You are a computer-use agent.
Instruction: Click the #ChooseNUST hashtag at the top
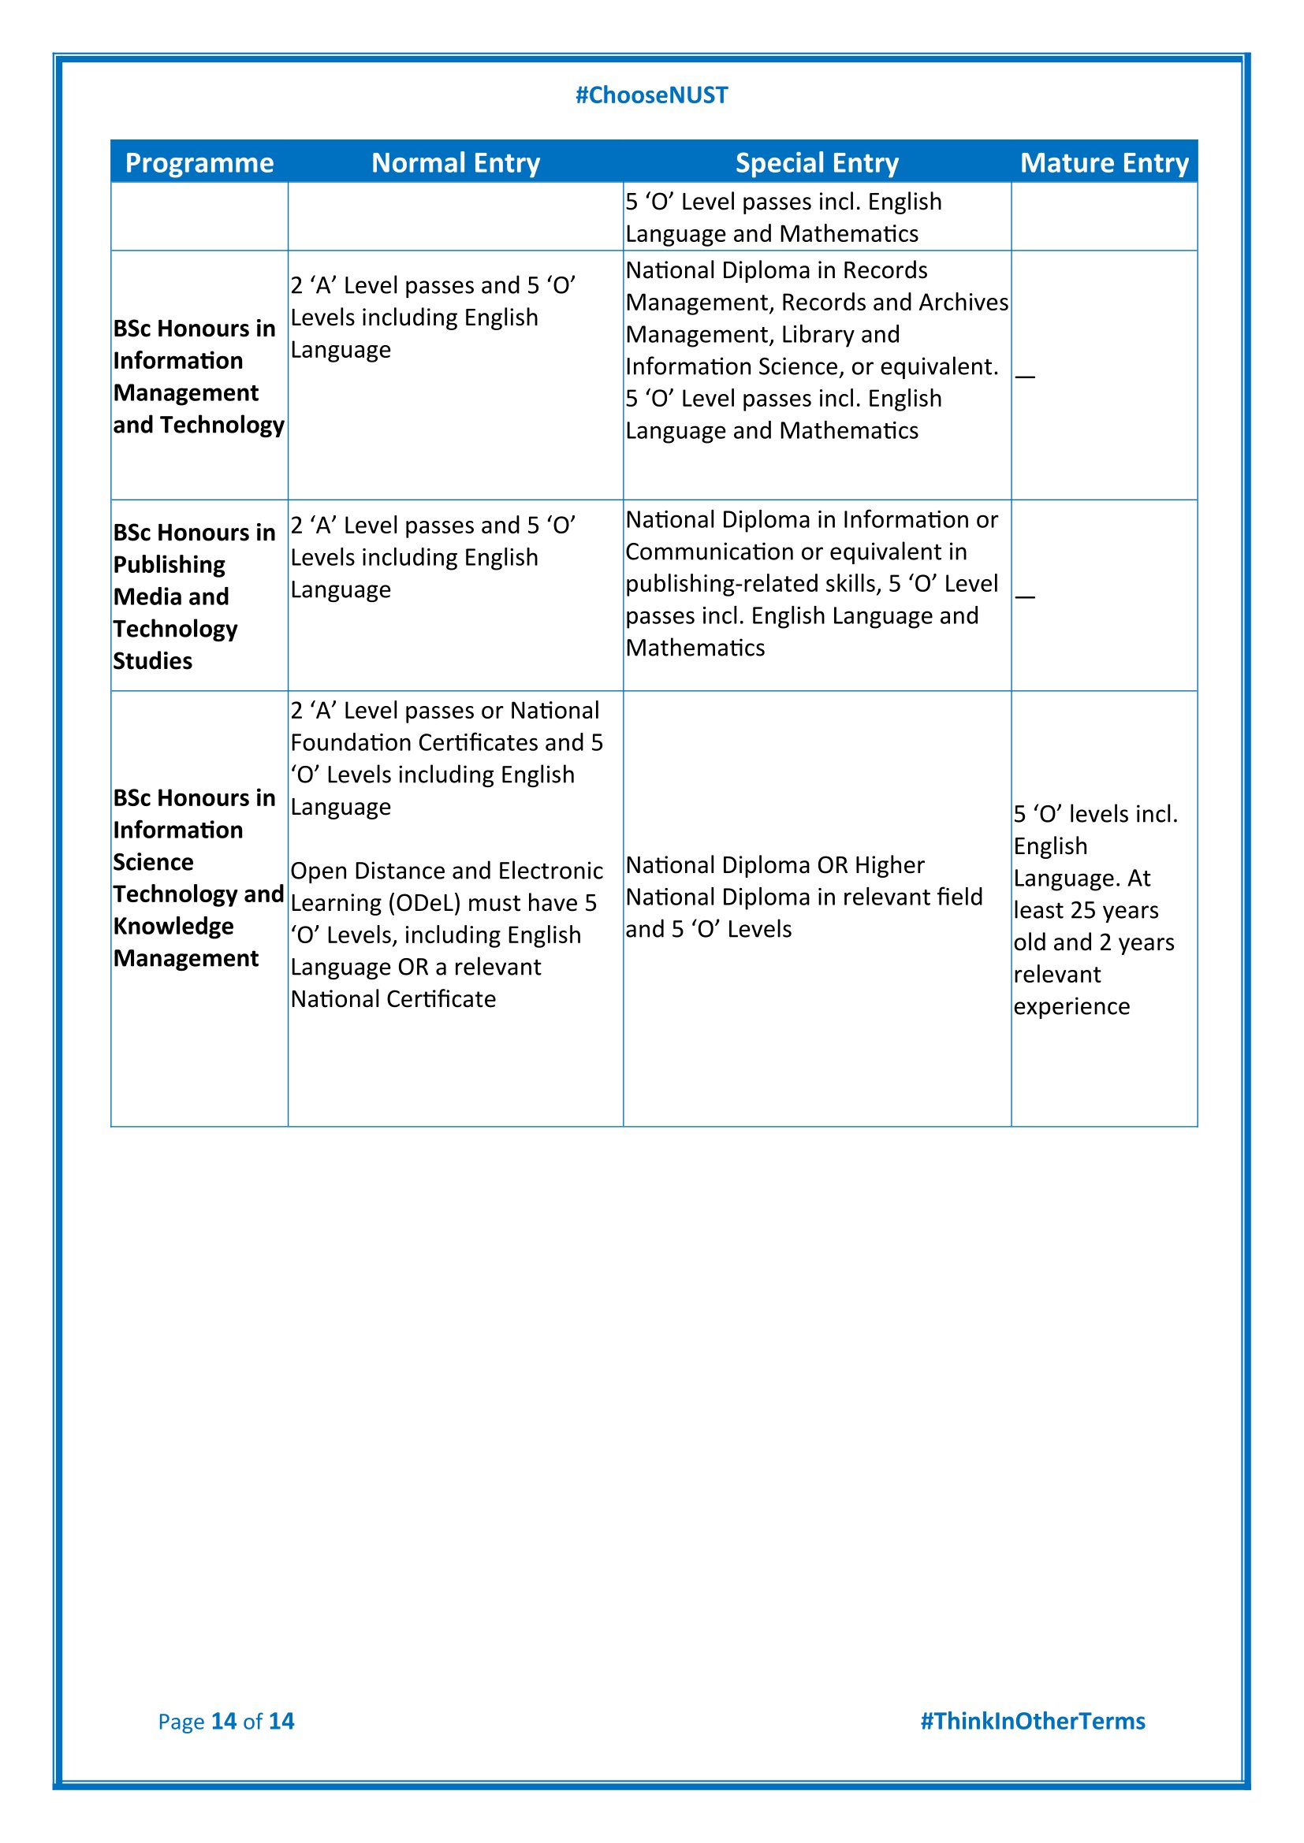[x=651, y=95]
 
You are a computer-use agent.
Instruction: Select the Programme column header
[x=199, y=163]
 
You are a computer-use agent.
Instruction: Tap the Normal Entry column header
[x=455, y=163]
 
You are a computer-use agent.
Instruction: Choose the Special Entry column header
[x=817, y=163]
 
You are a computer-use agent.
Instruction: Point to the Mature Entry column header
[x=1104, y=163]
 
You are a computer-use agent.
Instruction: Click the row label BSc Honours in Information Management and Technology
[x=199, y=377]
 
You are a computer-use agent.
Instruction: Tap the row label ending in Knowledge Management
[x=198, y=877]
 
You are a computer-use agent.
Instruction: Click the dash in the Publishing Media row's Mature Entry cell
[x=1026, y=596]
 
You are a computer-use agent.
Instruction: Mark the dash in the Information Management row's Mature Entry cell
[x=1026, y=376]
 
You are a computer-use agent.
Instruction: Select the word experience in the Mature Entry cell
[x=1071, y=1006]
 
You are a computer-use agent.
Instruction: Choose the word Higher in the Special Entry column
[x=889, y=865]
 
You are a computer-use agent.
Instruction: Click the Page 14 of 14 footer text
[x=225, y=1721]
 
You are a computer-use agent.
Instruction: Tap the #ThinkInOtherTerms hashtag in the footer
[x=1032, y=1721]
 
